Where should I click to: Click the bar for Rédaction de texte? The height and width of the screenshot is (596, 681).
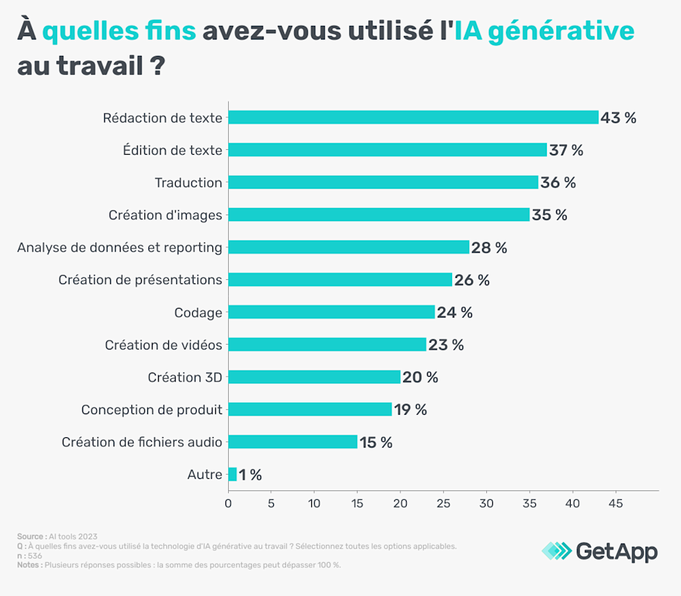coord(413,117)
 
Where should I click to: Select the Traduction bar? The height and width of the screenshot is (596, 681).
coord(383,183)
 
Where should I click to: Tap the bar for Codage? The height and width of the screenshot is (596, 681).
coord(331,312)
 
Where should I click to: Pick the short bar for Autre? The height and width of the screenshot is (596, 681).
coord(232,474)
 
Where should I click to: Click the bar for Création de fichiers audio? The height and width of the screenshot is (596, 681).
coord(292,442)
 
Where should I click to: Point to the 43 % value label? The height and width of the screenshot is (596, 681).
coord(618,118)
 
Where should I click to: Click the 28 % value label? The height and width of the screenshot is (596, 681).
coord(489,248)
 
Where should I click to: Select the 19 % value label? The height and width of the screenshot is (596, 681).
coord(411,410)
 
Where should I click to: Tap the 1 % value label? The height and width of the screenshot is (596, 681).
coord(250,475)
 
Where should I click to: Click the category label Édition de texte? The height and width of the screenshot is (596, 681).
coord(172,151)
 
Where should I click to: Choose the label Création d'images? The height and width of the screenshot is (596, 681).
coord(165,215)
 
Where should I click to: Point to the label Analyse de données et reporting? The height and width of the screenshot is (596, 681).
coord(120,248)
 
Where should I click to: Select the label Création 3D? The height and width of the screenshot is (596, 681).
coord(185,377)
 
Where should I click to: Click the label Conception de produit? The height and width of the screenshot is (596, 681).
coord(152,410)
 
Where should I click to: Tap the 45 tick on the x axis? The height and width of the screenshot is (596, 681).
coord(616,504)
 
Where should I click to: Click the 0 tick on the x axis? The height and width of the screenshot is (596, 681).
coord(228,504)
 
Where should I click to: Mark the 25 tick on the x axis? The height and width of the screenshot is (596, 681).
coord(443,504)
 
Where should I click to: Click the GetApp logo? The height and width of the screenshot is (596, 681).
coord(600,551)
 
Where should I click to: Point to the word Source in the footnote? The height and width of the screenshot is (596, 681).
coord(31,537)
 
